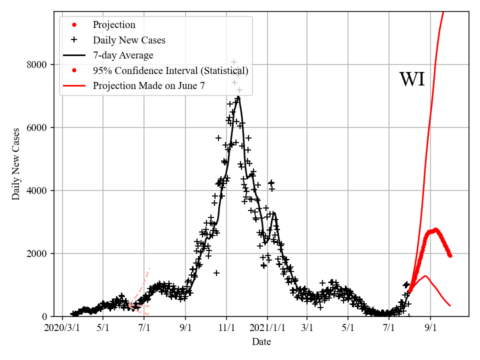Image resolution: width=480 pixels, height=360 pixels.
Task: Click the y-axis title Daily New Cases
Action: (x=16, y=163)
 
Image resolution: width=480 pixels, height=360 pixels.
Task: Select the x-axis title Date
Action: (x=261, y=342)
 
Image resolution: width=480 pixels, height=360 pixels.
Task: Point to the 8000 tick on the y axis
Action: (x=37, y=64)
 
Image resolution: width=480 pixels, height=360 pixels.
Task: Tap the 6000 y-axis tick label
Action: (x=37, y=127)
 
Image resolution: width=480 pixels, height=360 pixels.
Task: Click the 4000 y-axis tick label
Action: (x=37, y=190)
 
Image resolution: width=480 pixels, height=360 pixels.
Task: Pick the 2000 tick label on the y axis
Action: (x=37, y=253)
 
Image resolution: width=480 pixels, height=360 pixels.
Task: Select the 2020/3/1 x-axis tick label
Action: (x=62, y=328)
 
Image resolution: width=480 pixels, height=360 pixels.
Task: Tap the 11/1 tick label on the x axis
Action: (x=226, y=328)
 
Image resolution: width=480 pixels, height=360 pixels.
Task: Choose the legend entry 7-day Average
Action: (x=123, y=55)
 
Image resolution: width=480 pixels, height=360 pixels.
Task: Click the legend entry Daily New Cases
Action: (x=129, y=40)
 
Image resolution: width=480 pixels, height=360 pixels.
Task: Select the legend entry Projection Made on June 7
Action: (x=148, y=86)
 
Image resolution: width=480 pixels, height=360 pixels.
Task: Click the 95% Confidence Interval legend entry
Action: (x=170, y=70)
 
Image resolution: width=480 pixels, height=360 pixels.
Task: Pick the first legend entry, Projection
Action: (x=114, y=25)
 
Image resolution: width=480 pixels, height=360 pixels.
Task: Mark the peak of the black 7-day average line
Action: (x=238, y=96)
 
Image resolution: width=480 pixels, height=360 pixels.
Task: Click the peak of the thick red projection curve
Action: (x=435, y=229)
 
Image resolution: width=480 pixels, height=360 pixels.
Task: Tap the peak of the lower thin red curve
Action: (x=425, y=275)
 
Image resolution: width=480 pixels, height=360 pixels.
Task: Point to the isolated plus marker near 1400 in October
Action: (x=216, y=272)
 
